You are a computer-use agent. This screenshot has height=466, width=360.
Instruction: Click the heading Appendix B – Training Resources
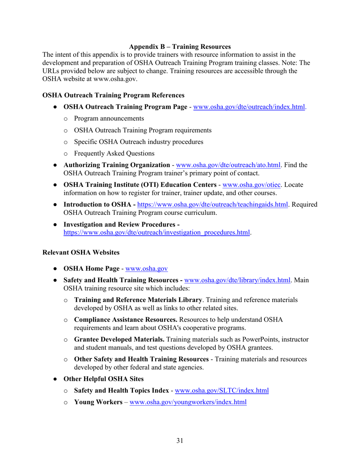click(x=180, y=47)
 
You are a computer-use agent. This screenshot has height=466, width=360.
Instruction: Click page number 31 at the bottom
click(x=180, y=440)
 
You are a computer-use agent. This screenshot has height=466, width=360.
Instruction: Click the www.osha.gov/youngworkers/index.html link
click(x=188, y=402)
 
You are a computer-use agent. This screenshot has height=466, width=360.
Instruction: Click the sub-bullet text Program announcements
click(x=109, y=119)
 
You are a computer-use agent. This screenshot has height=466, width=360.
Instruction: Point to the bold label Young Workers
click(x=97, y=402)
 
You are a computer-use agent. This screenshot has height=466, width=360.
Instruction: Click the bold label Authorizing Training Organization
click(x=116, y=165)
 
